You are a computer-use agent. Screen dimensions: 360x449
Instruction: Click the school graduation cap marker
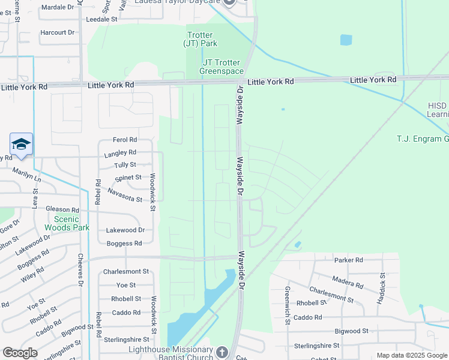(x=21, y=145)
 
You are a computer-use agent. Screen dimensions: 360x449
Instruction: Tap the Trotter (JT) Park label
(x=201, y=39)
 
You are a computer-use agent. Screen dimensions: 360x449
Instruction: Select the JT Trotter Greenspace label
(x=220, y=67)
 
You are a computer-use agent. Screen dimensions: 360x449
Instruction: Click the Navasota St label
(x=125, y=195)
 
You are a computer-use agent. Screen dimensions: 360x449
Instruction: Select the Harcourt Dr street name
(x=57, y=32)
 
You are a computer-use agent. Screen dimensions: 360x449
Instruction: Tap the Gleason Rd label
(x=62, y=209)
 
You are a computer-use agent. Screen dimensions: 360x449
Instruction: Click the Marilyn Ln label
(x=28, y=175)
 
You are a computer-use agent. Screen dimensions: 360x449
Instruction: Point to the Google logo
(x=20, y=353)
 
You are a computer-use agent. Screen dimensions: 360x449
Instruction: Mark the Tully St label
(x=125, y=164)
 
